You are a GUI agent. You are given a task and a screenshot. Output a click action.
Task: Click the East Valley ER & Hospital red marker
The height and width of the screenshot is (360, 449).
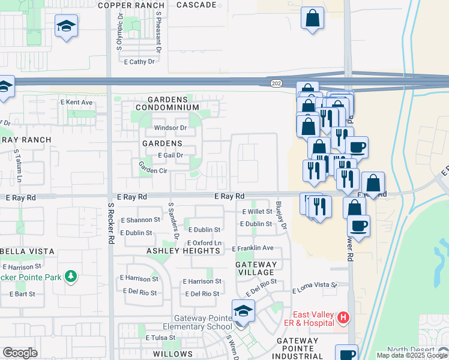point(343,316)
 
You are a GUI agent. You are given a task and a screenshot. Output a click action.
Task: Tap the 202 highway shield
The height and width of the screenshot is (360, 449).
point(276,83)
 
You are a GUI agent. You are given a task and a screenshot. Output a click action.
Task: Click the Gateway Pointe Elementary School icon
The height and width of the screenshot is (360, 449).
point(243,311)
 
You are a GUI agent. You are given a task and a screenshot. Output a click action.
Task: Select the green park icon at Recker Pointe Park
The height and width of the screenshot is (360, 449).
point(71,276)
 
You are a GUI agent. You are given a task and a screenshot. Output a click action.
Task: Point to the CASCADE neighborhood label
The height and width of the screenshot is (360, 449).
point(197,5)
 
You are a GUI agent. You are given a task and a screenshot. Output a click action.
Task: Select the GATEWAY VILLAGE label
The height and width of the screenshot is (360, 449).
point(256,268)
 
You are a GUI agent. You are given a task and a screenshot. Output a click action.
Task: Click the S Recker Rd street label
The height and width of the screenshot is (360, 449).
point(111,222)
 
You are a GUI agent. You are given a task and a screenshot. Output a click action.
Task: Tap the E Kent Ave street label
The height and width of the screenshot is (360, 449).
point(76,103)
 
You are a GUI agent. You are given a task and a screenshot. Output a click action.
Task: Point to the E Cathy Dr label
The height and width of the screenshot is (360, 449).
point(139,61)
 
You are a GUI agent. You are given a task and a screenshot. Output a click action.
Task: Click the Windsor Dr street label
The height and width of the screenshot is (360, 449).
point(170,128)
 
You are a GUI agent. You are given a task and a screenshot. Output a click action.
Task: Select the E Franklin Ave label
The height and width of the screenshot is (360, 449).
point(253,248)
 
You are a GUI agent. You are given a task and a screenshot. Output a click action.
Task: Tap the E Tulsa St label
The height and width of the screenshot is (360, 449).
point(160,338)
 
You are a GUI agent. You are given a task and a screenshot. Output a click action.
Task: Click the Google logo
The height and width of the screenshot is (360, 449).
point(20,353)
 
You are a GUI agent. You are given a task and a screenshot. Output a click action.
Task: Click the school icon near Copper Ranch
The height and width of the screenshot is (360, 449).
point(67,26)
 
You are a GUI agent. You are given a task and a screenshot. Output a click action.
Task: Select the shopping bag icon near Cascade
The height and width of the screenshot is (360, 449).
point(312,18)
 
